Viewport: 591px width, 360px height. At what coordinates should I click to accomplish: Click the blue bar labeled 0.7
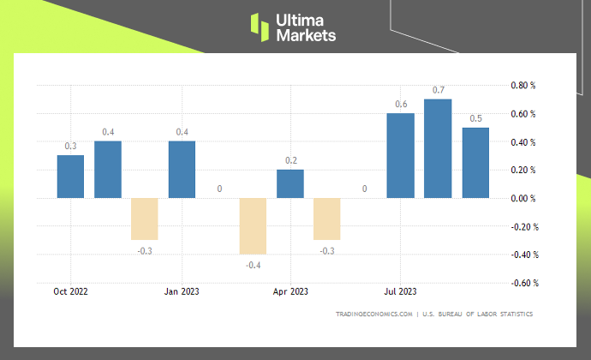click(x=438, y=148)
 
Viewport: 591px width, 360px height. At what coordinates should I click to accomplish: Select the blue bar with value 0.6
click(x=401, y=155)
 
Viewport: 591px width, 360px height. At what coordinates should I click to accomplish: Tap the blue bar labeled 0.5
click(x=475, y=163)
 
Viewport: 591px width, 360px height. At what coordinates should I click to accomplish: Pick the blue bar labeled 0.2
click(x=290, y=183)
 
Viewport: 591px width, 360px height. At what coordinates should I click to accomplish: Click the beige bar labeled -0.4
click(x=253, y=226)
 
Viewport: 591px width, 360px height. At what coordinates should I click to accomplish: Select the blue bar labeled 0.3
click(x=70, y=177)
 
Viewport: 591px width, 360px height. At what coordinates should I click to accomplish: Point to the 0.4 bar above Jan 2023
click(x=182, y=170)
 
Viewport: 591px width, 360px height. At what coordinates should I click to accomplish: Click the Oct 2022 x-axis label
click(x=70, y=291)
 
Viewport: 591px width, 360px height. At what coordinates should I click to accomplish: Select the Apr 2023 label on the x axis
click(x=290, y=291)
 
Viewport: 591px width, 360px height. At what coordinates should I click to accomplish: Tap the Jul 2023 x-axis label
click(x=401, y=291)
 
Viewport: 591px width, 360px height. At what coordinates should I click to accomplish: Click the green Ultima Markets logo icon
click(x=260, y=27)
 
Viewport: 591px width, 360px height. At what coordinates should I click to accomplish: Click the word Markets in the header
click(x=306, y=35)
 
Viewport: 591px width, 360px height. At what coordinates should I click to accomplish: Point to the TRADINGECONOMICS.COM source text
click(x=374, y=315)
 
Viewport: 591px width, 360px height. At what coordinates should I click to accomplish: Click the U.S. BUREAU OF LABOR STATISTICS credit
click(x=479, y=315)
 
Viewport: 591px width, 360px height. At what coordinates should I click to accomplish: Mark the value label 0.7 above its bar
click(x=438, y=90)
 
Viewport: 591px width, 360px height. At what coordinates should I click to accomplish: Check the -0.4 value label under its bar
click(x=253, y=265)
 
